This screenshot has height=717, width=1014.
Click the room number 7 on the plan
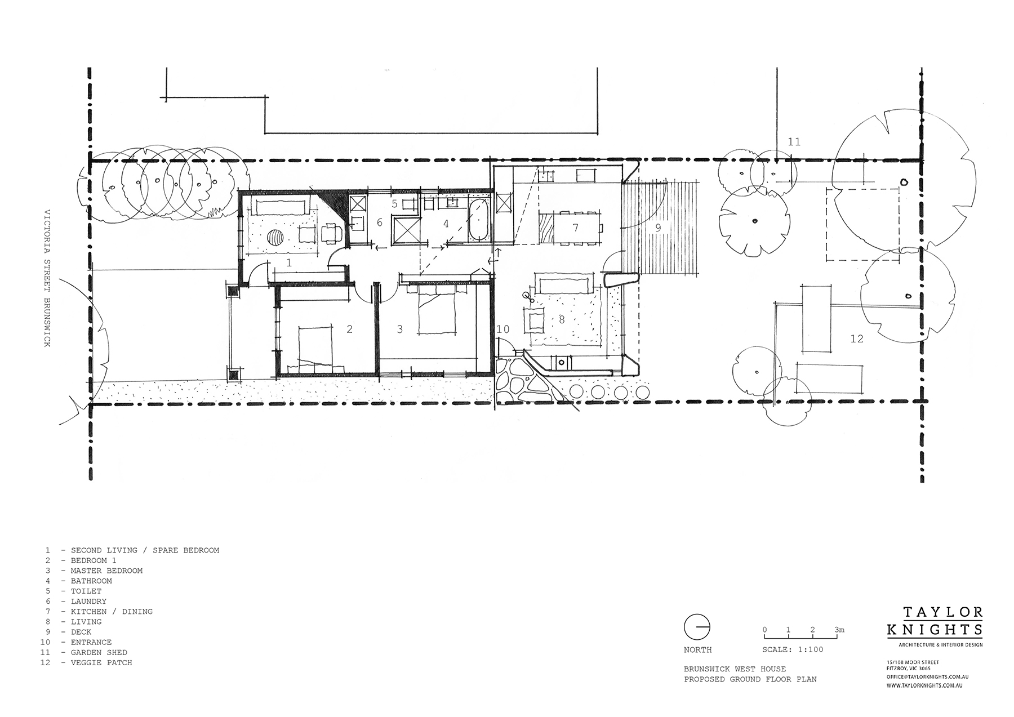(575, 228)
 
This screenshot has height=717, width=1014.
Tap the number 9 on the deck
(657, 228)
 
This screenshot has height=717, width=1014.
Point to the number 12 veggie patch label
(856, 339)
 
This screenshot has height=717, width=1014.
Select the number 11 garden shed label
(794, 142)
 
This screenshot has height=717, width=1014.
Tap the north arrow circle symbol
(697, 627)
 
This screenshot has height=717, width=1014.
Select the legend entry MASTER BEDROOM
(106, 571)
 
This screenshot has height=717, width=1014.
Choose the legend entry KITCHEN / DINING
(112, 611)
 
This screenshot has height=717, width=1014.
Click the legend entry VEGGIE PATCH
(101, 662)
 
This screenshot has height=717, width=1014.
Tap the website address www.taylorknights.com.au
(924, 685)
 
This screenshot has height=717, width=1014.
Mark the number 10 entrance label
(502, 329)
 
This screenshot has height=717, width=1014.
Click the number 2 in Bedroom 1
(350, 329)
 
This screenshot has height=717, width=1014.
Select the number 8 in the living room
(562, 320)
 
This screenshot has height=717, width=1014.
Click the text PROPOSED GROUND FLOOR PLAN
(750, 679)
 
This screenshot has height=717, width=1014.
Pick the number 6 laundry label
(380, 223)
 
